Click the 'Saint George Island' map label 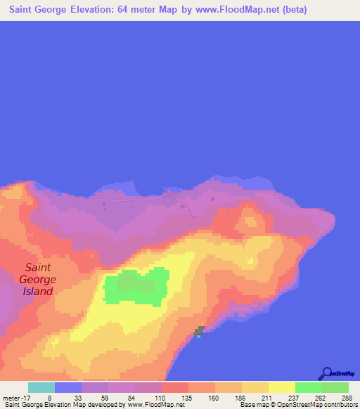click(x=41, y=279)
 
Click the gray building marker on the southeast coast click(x=200, y=330)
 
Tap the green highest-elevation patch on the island click(x=136, y=287)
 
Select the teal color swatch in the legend click(x=41, y=387)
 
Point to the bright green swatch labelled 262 click(x=308, y=387)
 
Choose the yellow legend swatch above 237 click(x=281, y=387)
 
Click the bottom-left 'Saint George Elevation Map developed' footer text click(x=63, y=405)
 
